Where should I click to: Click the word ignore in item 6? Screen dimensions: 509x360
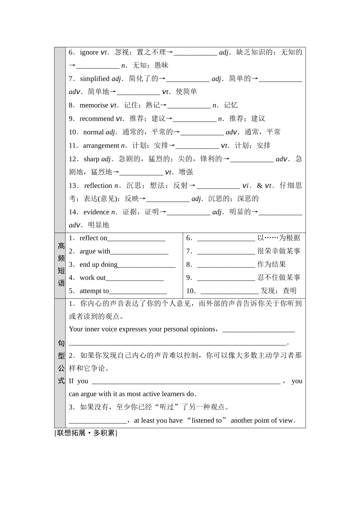tap(89, 52)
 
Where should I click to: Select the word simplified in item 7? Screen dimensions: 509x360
tap(94, 79)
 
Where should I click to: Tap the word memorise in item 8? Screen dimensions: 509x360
tap(94, 105)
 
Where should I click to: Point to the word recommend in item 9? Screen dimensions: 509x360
tap(96, 119)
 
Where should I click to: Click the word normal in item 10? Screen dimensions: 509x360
tap(93, 132)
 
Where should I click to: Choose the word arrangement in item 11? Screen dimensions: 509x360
tap(101, 145)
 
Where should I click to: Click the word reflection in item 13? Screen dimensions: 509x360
tap(98, 186)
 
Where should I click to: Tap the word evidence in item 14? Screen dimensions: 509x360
tap(96, 212)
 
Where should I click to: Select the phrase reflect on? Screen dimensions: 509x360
tap(93, 238)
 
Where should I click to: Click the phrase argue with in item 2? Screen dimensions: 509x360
tap(95, 251)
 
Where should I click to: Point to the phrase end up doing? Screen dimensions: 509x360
tap(99, 264)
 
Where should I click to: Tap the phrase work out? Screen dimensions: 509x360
tap(92, 278)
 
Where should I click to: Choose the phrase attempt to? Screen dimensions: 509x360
tap(94, 291)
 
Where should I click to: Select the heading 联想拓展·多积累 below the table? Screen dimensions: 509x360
tap(86, 433)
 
